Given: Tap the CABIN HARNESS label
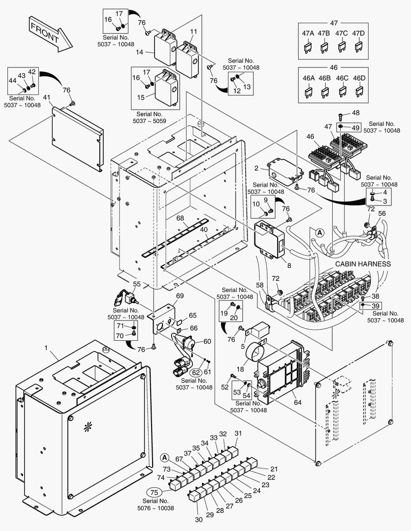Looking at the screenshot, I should pos(363,264).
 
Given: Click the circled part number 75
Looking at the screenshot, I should pos(155,493).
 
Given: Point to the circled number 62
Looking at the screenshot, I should pos(196,372).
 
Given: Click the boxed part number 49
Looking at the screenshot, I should pos(355,128).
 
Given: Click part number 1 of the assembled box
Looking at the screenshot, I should pos(46,348).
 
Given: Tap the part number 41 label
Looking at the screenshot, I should pos(47,97).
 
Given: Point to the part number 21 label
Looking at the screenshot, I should pos(274,469).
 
